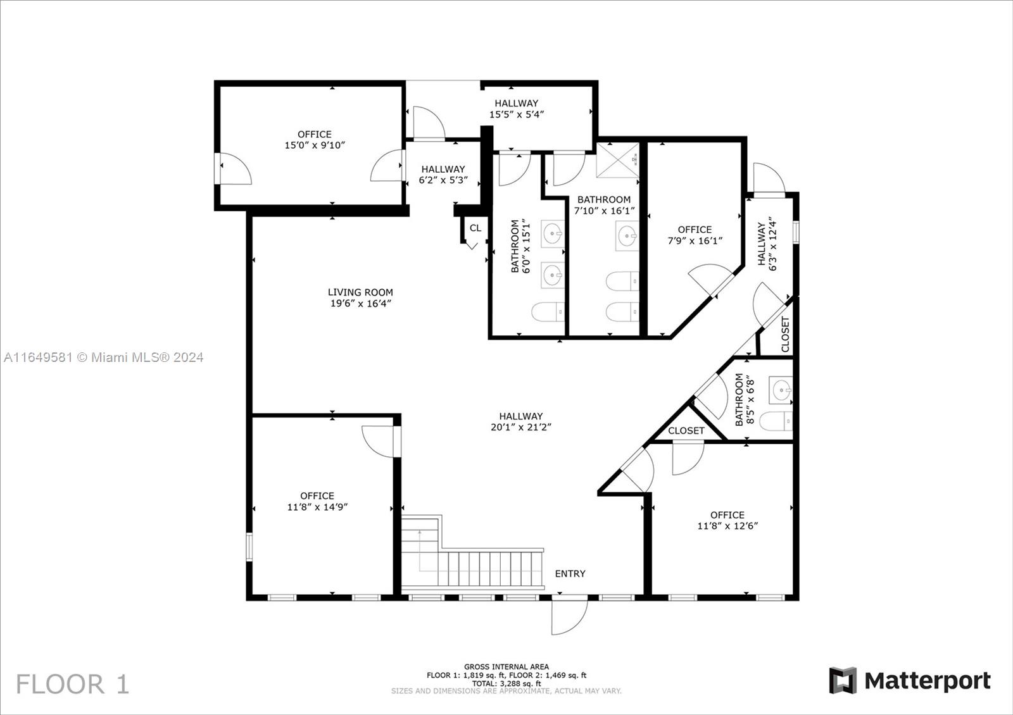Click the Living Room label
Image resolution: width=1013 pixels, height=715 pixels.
pos(360,292)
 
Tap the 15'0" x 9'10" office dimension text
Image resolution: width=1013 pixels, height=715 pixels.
pos(315,145)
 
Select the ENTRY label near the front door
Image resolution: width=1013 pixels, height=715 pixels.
pos(570,573)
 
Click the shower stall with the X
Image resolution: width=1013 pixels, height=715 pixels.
pos(618,160)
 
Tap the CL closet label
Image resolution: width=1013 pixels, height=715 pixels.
pos(475,228)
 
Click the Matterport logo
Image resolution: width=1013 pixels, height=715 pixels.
pos(910,681)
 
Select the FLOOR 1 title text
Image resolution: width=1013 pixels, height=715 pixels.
pos(73,684)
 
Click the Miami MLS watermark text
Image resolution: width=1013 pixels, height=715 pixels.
pos(104,357)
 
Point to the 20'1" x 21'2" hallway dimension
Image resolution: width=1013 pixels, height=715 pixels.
pos(521,427)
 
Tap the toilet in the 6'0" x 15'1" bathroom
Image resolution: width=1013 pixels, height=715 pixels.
pos(548,312)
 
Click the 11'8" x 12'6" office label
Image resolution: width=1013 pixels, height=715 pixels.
pos(727,520)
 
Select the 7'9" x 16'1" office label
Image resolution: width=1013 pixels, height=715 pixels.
pos(695,235)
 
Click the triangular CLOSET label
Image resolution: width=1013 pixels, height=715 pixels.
pos(686,431)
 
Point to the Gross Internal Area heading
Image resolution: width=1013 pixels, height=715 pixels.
pos(507,667)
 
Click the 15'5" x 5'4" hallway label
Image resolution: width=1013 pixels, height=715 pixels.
pos(517,109)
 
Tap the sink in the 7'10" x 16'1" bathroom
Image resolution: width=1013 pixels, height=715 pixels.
pos(627,235)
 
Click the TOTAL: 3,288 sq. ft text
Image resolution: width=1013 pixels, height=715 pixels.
pos(507,684)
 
